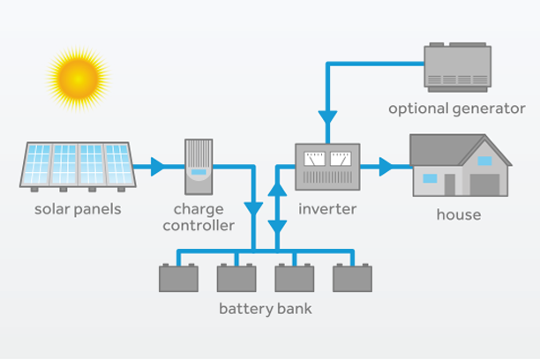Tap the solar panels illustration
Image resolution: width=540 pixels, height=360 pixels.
(x=78, y=166)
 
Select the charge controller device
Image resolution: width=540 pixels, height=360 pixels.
(x=199, y=166)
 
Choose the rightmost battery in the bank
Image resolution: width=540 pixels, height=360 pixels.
(x=351, y=276)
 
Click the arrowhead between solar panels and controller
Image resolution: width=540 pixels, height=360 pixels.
(x=158, y=165)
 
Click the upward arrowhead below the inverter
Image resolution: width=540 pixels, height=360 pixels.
(x=277, y=188)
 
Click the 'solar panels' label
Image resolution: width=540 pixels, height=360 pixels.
(x=77, y=210)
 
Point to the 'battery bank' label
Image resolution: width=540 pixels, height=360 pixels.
(x=265, y=310)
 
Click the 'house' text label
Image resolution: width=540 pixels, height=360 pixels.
(x=458, y=214)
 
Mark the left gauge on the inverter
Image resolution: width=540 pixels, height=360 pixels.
(x=313, y=160)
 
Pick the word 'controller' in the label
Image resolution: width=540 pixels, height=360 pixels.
(x=204, y=226)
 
